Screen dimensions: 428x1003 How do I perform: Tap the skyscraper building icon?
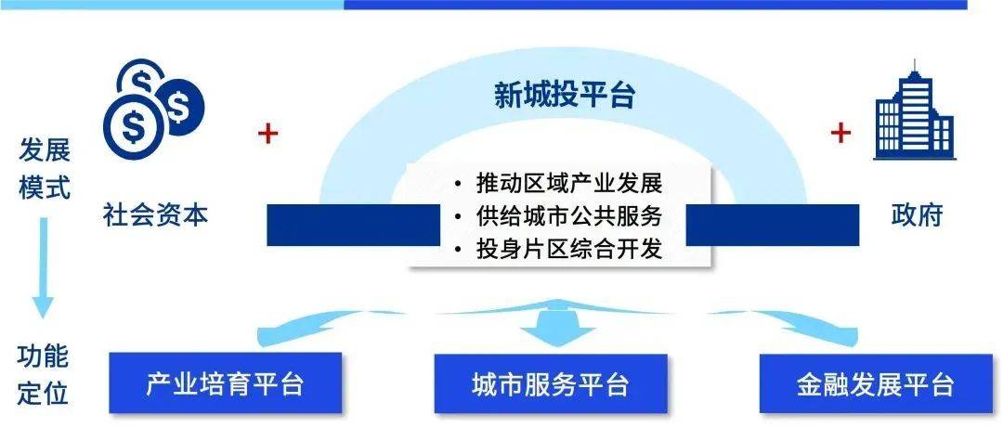[914, 112]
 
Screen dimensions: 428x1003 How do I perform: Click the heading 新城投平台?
[564, 96]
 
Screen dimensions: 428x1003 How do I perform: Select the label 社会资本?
[156, 214]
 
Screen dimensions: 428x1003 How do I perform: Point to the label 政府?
[917, 214]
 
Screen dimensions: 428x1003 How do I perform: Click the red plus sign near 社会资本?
[267, 135]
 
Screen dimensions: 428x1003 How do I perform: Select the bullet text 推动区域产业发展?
[567, 183]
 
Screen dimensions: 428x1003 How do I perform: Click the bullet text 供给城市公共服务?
[567, 216]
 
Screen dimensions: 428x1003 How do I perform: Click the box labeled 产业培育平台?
[226, 383]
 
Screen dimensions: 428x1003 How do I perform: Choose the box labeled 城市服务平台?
[550, 383]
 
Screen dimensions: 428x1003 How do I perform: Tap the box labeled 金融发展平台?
[875, 383]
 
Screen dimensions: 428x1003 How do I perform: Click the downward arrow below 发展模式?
[44, 269]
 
